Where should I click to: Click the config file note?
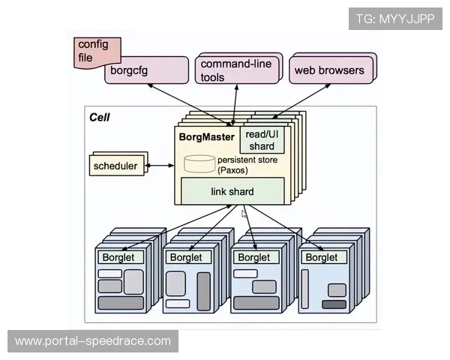[x=94, y=52]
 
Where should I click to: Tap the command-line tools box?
[x=237, y=70]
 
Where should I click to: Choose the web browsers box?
[x=329, y=70]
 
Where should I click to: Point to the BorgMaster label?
[x=206, y=137]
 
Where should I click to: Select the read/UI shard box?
[x=262, y=139]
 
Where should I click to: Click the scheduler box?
[x=115, y=165]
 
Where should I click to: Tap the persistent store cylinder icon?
[x=199, y=163]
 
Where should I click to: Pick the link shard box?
[x=232, y=191]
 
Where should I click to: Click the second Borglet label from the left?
[x=186, y=257]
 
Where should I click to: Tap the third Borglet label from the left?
[x=253, y=257]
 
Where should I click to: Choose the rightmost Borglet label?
[x=321, y=257]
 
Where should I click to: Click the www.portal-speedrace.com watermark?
[x=93, y=341]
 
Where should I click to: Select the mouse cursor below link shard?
[x=244, y=214]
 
